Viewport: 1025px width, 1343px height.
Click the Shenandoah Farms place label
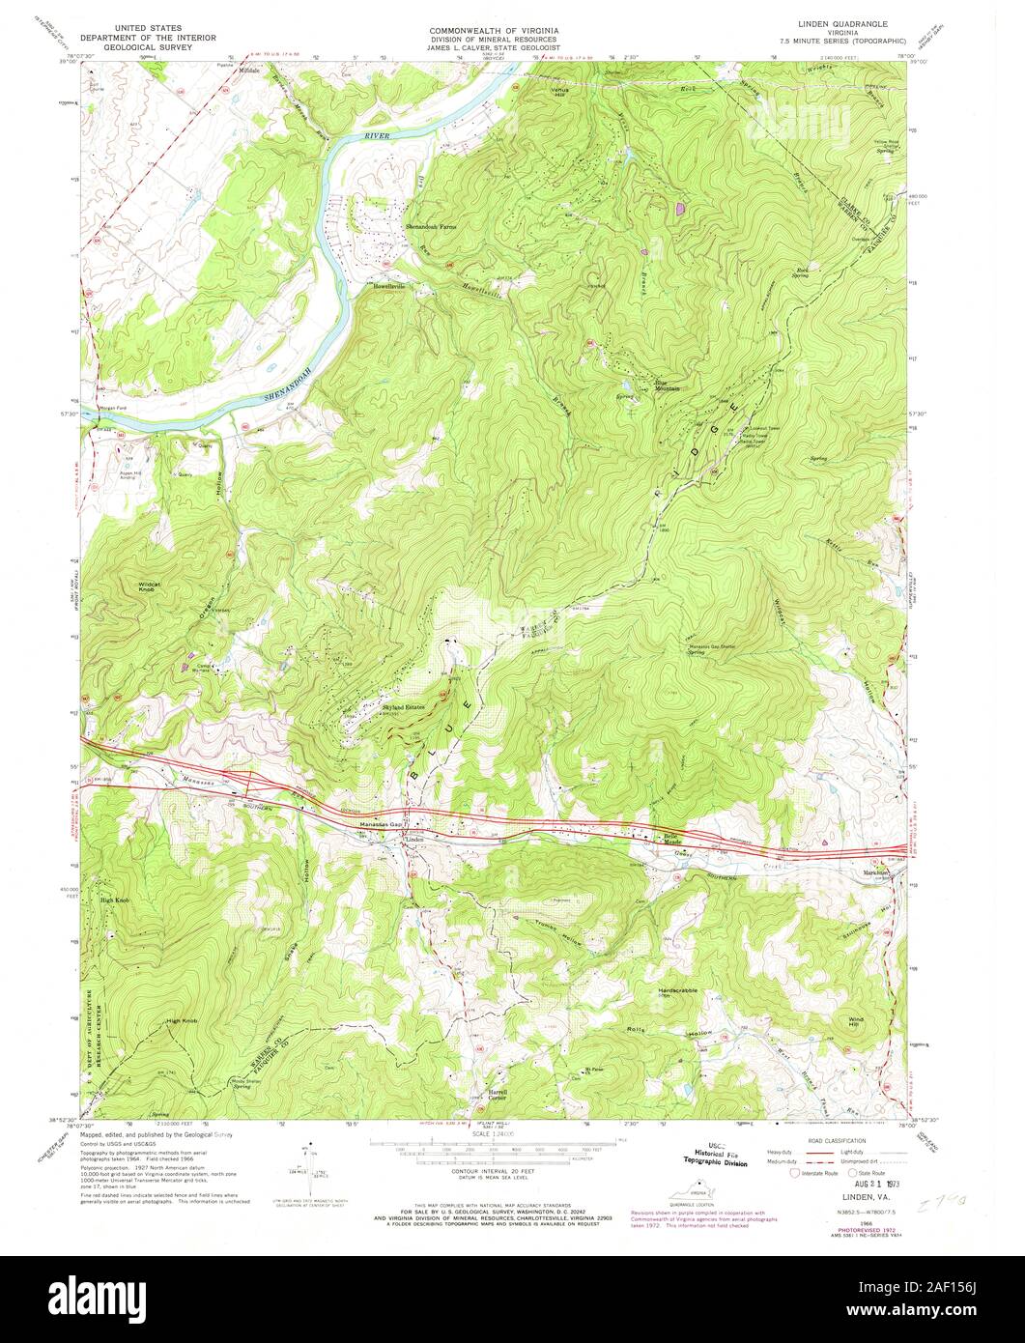tap(429, 226)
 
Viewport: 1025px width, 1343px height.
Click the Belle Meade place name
tap(671, 839)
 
